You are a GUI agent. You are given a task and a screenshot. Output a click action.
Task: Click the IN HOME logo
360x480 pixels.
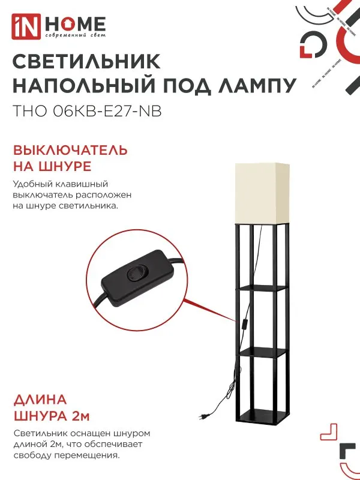(x=59, y=25)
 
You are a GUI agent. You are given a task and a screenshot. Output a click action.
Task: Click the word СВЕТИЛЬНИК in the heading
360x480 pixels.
(x=86, y=62)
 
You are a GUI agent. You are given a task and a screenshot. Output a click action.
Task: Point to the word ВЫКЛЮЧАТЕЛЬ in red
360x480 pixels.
(x=70, y=149)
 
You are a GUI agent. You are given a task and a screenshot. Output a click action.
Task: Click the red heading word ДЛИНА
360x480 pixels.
(x=40, y=400)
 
